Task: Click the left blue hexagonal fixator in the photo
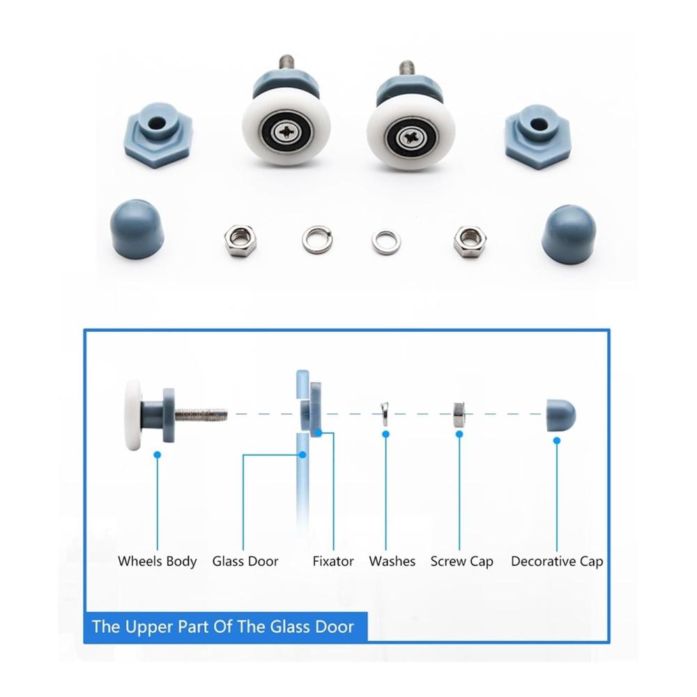coord(158,136)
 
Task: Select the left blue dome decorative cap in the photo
coord(137,228)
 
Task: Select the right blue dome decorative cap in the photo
coord(569,233)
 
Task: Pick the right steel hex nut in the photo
coord(469,243)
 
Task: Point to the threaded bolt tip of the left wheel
coord(286,59)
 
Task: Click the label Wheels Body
coord(158,562)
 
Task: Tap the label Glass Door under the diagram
coord(245,561)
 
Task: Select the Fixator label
coord(333,561)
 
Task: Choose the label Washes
coord(392,561)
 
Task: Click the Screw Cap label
coord(462,562)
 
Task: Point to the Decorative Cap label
coord(557,562)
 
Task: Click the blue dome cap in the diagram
coord(560,415)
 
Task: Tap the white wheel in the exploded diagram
coord(133,415)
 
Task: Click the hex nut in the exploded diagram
coord(459,414)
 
